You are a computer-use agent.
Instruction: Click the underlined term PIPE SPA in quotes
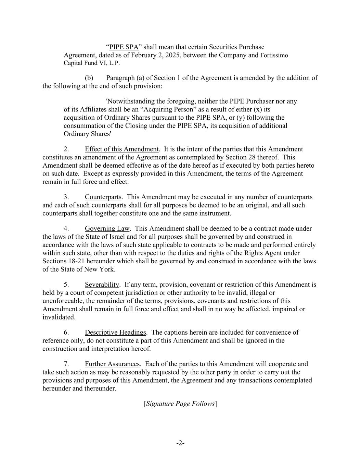point(124,47)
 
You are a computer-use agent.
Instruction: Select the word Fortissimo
point(274,55)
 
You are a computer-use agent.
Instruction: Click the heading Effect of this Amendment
point(122,149)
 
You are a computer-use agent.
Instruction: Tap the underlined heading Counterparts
point(103,197)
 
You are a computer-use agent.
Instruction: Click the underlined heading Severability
point(102,285)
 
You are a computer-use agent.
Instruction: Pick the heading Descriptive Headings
point(115,333)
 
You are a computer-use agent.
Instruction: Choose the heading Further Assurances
point(112,364)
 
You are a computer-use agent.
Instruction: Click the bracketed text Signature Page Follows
point(180,404)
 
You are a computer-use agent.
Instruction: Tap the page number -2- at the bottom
point(180,443)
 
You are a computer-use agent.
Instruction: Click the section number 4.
point(66,229)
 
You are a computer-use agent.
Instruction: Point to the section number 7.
point(66,364)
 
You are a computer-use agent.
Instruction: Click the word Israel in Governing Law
point(132,237)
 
